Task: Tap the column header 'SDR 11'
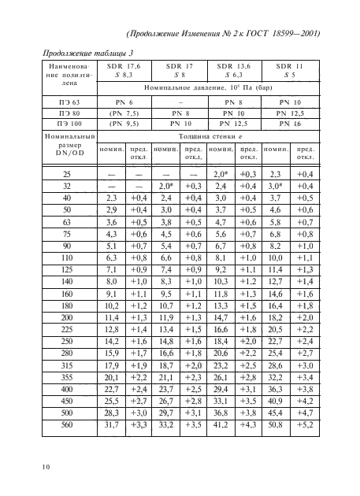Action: (291, 66)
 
